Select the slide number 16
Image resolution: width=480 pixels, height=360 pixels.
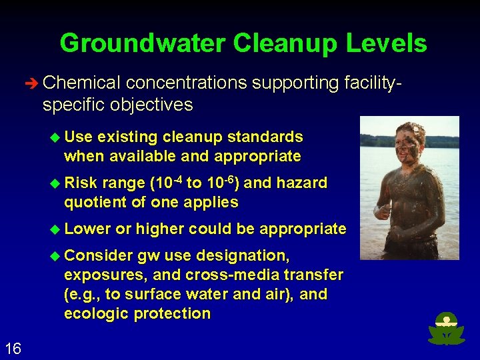13,348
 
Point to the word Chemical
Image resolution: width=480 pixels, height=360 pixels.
81,83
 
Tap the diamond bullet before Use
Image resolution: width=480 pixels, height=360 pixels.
56,137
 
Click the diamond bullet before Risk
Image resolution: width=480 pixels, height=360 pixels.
56,183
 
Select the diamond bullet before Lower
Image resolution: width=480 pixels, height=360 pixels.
56,229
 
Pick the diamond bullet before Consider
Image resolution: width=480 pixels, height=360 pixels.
56,255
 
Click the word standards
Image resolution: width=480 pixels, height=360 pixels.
266,137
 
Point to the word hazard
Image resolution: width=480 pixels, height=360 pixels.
303,183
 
